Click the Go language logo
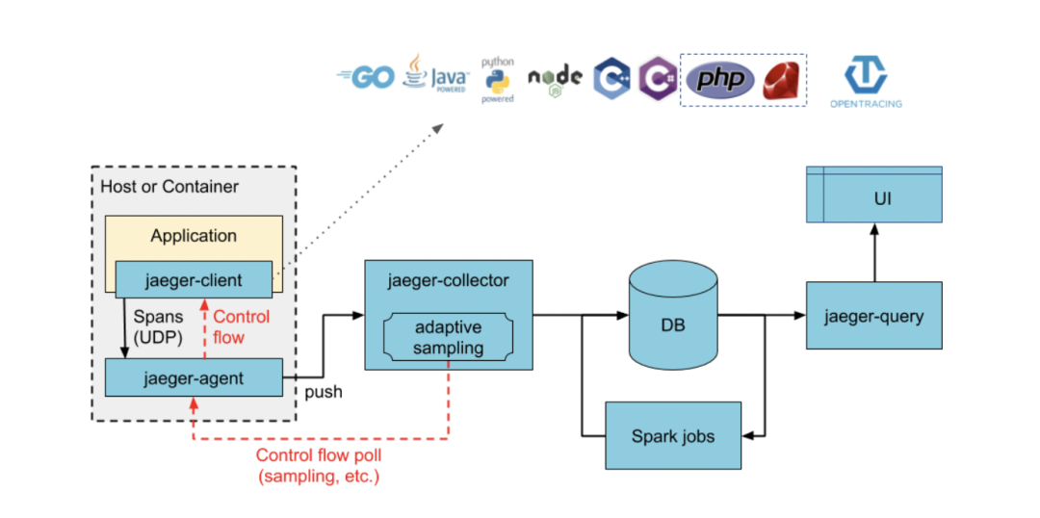[x=366, y=78]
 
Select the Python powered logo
[x=498, y=79]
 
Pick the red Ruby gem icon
[x=782, y=81]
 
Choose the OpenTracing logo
[x=866, y=82]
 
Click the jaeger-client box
[x=194, y=280]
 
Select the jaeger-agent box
[x=194, y=377]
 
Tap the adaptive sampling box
[x=448, y=338]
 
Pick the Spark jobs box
[x=673, y=436]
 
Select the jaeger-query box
[x=873, y=316]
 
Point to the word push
[x=323, y=393]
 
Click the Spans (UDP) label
[x=157, y=327]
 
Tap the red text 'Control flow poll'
[x=318, y=455]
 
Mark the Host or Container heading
[x=169, y=186]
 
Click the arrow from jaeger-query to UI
[x=874, y=253]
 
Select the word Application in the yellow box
[x=194, y=235]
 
